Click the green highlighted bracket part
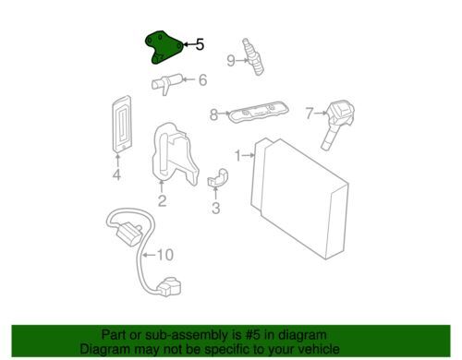coord(164,47)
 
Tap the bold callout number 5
coord(200,44)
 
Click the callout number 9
coord(231,61)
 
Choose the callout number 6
coord(202,80)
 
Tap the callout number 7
coord(310,114)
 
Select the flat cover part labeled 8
coord(258,113)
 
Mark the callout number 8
coord(213,114)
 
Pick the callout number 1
coord(237,156)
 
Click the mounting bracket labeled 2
coord(175,154)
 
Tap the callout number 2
coord(162,200)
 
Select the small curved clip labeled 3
coord(217,178)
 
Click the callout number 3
coord(216,208)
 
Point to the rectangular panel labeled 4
coord(121,125)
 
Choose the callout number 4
coord(116,174)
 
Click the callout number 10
coord(165,255)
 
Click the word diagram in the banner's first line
coord(303,335)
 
